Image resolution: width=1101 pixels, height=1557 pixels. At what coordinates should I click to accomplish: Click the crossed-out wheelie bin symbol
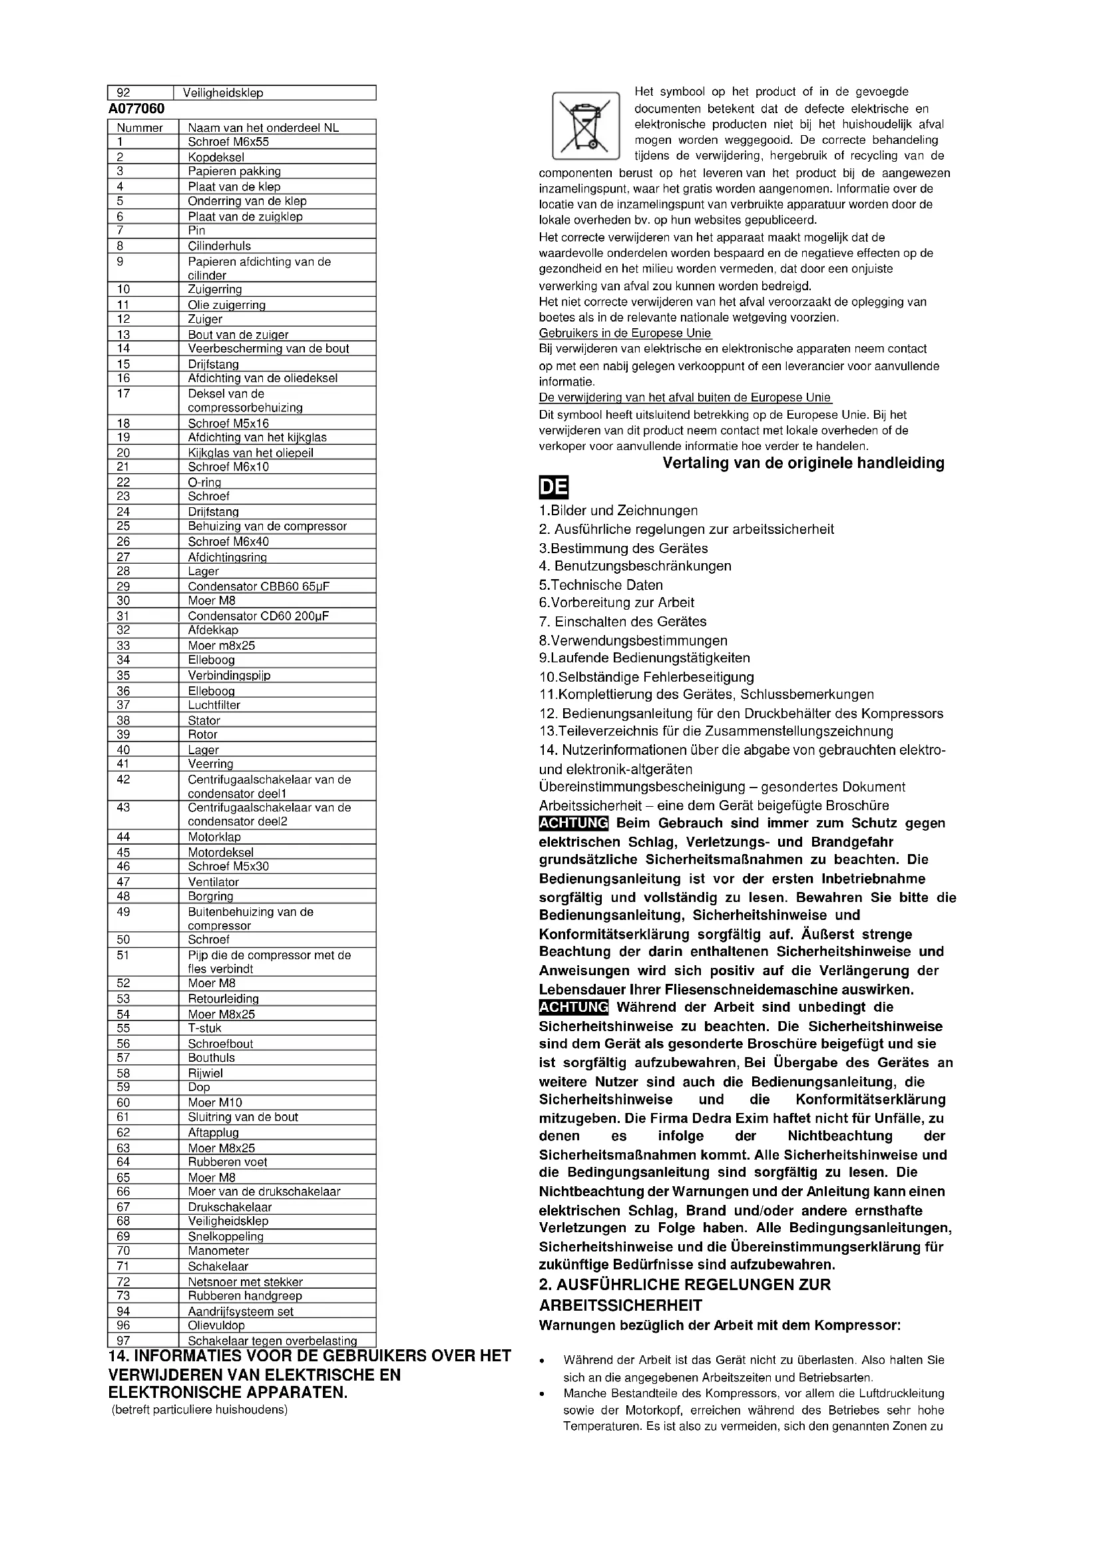coord(586,125)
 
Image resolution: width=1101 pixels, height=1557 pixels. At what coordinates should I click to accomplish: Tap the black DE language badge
coord(553,488)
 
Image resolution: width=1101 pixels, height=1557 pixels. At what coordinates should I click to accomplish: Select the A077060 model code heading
coord(136,109)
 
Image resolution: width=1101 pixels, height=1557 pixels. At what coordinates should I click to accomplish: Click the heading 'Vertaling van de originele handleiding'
coord(803,463)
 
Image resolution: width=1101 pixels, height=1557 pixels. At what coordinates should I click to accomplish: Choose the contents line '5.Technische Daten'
coord(600,584)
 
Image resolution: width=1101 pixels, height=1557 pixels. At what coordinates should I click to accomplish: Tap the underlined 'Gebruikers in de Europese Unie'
coord(625,333)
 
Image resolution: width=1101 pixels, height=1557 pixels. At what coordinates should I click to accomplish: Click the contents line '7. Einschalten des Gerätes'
coord(622,621)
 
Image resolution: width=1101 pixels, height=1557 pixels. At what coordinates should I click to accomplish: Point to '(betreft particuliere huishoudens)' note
coord(199,1410)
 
